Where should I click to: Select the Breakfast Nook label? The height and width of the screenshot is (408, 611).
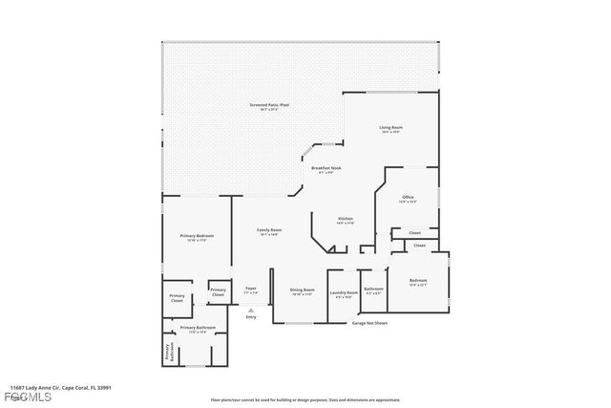click(x=326, y=169)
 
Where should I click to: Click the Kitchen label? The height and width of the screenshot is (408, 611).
click(x=346, y=221)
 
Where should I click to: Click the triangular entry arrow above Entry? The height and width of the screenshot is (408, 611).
click(x=251, y=309)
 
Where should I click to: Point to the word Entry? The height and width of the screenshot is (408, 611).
click(x=251, y=316)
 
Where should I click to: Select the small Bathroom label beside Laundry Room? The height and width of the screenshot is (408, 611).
click(x=373, y=290)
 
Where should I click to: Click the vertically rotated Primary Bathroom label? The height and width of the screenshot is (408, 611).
click(x=168, y=353)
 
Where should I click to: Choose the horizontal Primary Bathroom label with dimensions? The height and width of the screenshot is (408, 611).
click(x=199, y=330)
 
